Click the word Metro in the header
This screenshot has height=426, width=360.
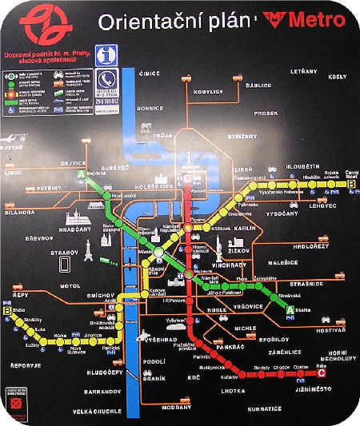306,21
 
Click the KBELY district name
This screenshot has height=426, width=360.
337,77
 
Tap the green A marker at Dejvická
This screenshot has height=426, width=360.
81,175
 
